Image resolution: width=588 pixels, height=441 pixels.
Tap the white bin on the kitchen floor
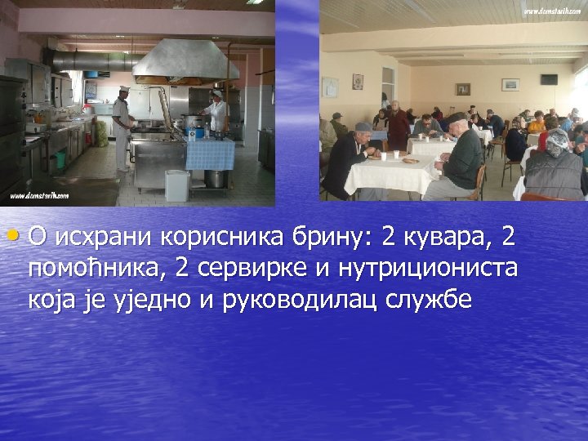pyautogui.click(x=176, y=185)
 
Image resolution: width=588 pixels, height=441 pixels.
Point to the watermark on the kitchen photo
pyautogui.click(x=38, y=197)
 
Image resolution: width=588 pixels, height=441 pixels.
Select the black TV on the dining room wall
pyautogui.click(x=549, y=79)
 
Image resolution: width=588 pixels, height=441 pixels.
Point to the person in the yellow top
pyautogui.click(x=537, y=124)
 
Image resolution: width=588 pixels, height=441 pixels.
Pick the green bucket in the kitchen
pyautogui.click(x=59, y=158)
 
